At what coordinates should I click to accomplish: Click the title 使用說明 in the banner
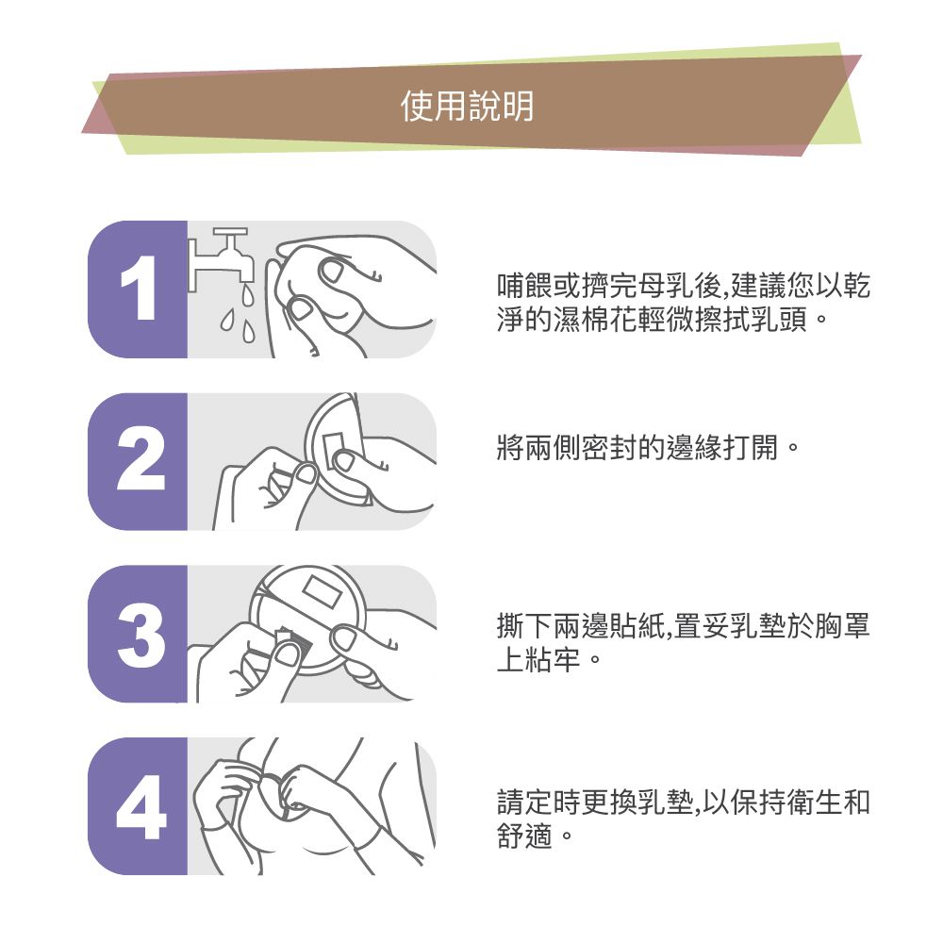[467, 107]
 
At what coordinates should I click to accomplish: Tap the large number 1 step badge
[138, 290]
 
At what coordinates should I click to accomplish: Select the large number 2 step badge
[139, 462]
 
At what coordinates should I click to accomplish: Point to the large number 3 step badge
[139, 634]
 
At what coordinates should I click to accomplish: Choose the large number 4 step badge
[139, 806]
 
